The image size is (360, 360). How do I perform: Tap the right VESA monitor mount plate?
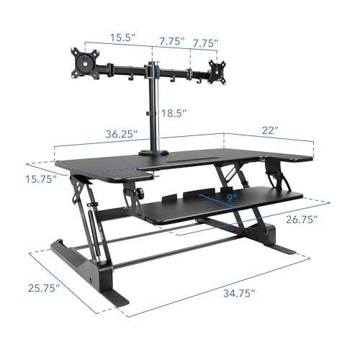[x=215, y=70]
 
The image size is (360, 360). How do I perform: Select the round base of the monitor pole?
[x=153, y=151]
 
